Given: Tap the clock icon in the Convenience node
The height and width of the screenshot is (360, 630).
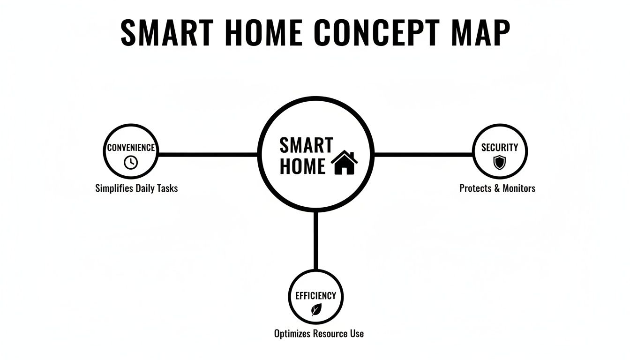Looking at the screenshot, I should point(131,162).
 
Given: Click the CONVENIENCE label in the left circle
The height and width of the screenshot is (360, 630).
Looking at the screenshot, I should point(131,148).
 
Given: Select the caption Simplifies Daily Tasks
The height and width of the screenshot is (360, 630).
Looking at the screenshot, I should point(136,188).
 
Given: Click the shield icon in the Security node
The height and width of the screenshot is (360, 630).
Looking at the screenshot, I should point(500,163).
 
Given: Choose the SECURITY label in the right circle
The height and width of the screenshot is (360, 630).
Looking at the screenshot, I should point(500,148).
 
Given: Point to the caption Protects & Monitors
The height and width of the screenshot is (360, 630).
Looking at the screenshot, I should point(497,188).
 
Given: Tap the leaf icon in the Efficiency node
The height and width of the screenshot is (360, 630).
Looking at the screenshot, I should point(316,309).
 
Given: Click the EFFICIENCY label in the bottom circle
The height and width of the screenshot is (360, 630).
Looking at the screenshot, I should point(315,296).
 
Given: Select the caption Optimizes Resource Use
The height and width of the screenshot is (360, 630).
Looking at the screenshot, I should point(319,334).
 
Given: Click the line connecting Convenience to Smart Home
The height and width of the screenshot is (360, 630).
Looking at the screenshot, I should point(208,154).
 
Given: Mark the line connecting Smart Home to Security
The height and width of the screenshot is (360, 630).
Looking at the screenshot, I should point(423,154).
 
